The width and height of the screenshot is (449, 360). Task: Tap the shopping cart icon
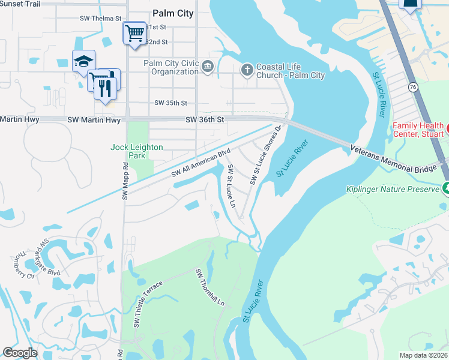click(x=135, y=33)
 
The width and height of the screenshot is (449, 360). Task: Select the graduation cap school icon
click(x=83, y=61)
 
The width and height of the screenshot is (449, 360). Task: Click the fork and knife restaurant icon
click(x=106, y=89)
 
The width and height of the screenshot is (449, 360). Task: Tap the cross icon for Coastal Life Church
click(x=246, y=70)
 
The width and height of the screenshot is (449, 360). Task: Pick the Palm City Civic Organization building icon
click(x=208, y=66)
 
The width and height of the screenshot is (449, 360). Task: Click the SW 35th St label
click(x=170, y=103)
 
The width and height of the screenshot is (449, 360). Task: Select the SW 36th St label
click(x=204, y=120)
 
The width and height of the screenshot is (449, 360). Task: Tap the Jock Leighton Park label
click(x=136, y=151)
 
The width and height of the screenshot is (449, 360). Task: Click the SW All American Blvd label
click(x=200, y=163)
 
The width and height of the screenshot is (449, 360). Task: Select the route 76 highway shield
click(x=412, y=88)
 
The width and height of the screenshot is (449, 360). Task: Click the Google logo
click(x=20, y=353)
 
